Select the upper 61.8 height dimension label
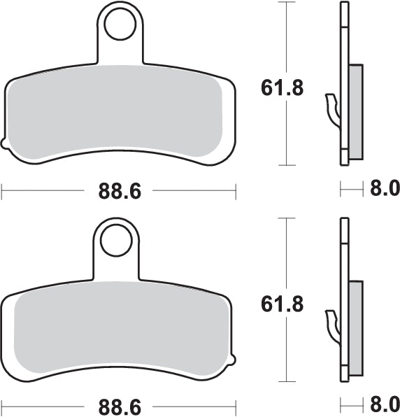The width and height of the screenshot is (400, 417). [x=283, y=89]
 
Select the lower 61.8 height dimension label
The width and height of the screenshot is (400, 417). [x=283, y=304]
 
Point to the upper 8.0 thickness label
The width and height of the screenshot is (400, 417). [x=384, y=188]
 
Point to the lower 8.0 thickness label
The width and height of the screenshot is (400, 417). [x=384, y=404]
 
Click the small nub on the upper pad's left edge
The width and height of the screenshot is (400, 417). [x=5, y=145]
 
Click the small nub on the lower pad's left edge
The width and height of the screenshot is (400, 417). [x=5, y=360]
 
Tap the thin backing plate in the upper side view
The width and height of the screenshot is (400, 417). [x=343, y=42]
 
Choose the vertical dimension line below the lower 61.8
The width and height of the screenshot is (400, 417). [x=283, y=350]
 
